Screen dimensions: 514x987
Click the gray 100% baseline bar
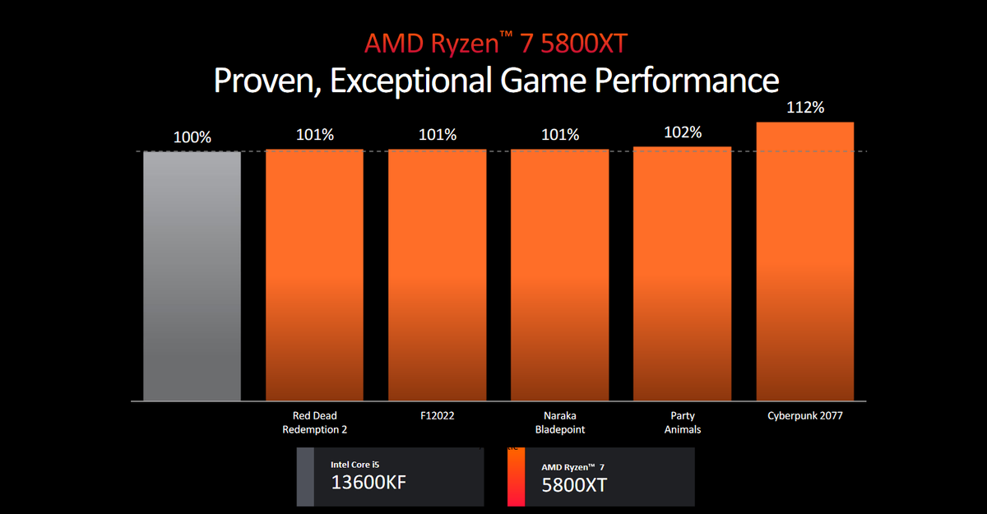[192, 276]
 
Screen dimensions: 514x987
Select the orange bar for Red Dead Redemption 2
[314, 275]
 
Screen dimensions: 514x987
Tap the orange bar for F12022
[437, 275]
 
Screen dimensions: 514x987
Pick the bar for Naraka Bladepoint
[559, 275]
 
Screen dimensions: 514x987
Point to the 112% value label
[804, 108]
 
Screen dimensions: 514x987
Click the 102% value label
[683, 132]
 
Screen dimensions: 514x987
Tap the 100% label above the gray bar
[192, 137]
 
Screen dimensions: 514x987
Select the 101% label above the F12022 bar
[437, 135]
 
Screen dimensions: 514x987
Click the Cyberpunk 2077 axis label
[804, 416]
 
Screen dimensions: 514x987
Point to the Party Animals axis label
[682, 422]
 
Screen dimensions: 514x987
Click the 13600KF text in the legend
[368, 483]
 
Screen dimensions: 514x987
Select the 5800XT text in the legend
[574, 484]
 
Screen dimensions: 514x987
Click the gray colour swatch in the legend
[305, 477]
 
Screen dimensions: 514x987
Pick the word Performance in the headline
[686, 81]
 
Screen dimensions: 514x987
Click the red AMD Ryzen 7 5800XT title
[495, 44]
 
